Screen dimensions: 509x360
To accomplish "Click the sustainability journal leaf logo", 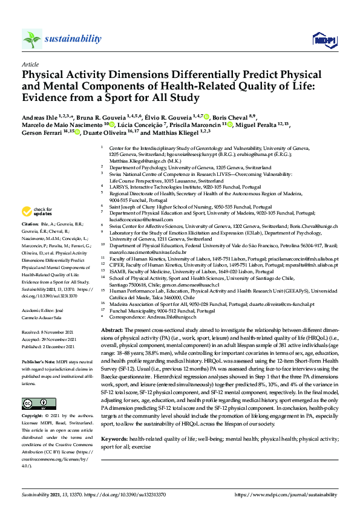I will (32, 39).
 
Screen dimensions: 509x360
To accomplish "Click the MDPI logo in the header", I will (324, 40).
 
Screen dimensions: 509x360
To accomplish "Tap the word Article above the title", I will (30, 63).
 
